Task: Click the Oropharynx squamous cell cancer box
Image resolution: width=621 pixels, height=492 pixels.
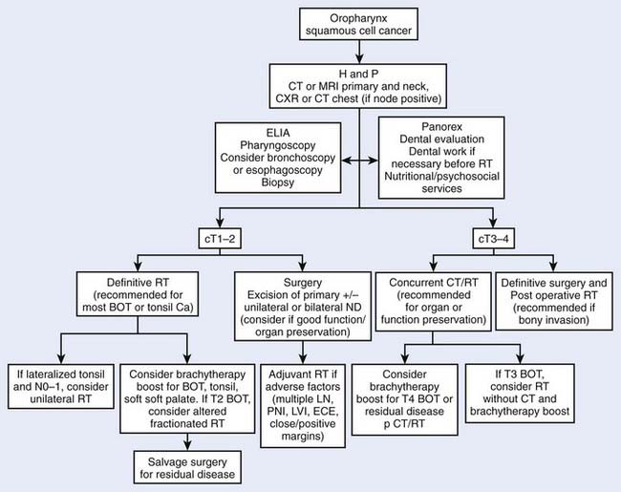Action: coord(357,28)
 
